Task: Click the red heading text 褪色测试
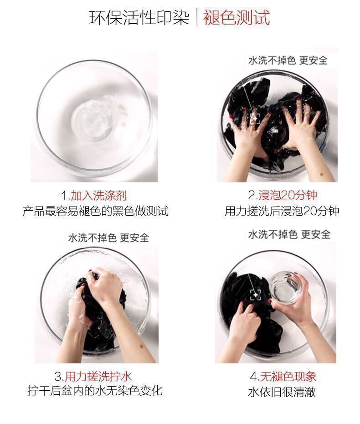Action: click(x=236, y=18)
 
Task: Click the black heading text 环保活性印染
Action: click(x=139, y=18)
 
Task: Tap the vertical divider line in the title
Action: click(x=196, y=18)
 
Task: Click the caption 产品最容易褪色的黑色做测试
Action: click(x=95, y=211)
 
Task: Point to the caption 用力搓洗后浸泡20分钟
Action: click(x=282, y=211)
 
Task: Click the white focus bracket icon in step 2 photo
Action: click(x=255, y=119)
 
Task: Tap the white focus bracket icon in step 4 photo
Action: click(x=256, y=295)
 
